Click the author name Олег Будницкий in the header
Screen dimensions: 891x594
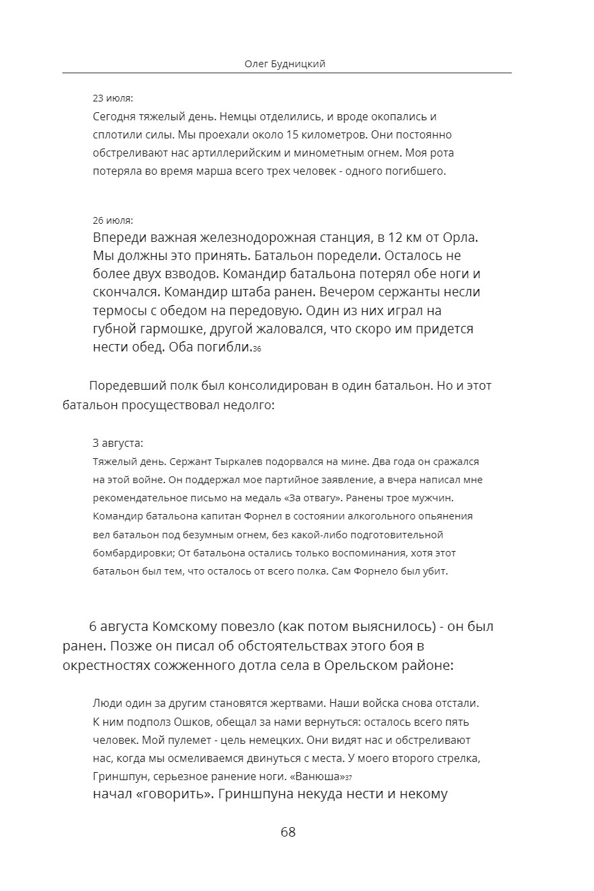(x=287, y=64)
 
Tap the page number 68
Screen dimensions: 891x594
(x=288, y=832)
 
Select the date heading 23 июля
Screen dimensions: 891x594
(x=113, y=98)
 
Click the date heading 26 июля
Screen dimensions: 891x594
(x=113, y=220)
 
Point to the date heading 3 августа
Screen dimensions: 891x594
(x=118, y=443)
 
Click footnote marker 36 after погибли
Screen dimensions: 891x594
(x=257, y=349)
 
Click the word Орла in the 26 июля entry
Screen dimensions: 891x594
(x=458, y=238)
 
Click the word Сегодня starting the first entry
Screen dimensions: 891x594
(x=114, y=116)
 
